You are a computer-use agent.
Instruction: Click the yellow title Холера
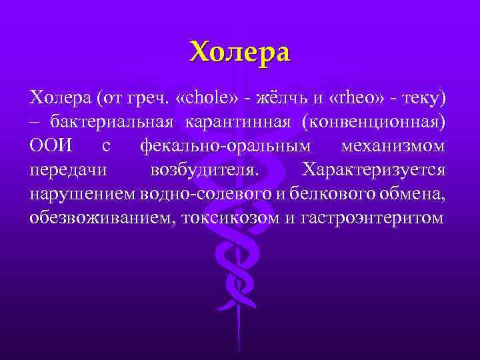pos(240,52)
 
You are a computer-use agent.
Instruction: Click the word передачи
pos(67,169)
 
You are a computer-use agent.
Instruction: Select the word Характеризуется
pos(374,169)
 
